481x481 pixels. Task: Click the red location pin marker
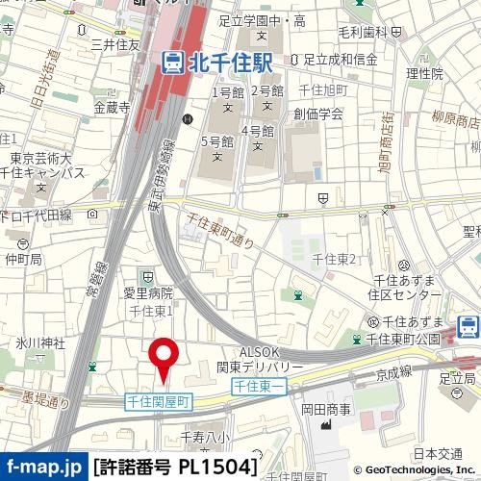(x=163, y=358)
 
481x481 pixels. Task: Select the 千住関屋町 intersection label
(x=160, y=399)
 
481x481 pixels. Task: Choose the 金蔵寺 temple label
(x=112, y=107)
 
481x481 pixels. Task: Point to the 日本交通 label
(x=439, y=454)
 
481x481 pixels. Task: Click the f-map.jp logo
(x=43, y=468)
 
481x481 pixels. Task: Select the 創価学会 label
(x=318, y=113)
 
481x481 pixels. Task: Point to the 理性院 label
(x=424, y=73)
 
